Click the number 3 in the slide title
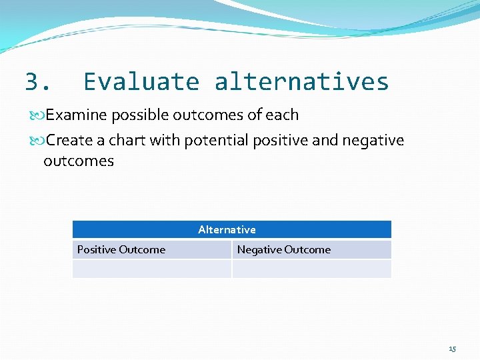[33, 82]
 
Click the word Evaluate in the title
[141, 82]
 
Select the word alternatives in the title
[301, 82]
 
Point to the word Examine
[76, 115]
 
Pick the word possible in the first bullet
[140, 115]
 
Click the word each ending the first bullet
[282, 115]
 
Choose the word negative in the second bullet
[373, 141]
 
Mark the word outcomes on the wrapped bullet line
[79, 161]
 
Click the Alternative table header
[227, 229]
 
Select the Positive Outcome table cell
[121, 250]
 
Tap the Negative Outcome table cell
[284, 250]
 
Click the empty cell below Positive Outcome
[151, 269]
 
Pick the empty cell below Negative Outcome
[311, 269]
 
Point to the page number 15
[453, 349]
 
